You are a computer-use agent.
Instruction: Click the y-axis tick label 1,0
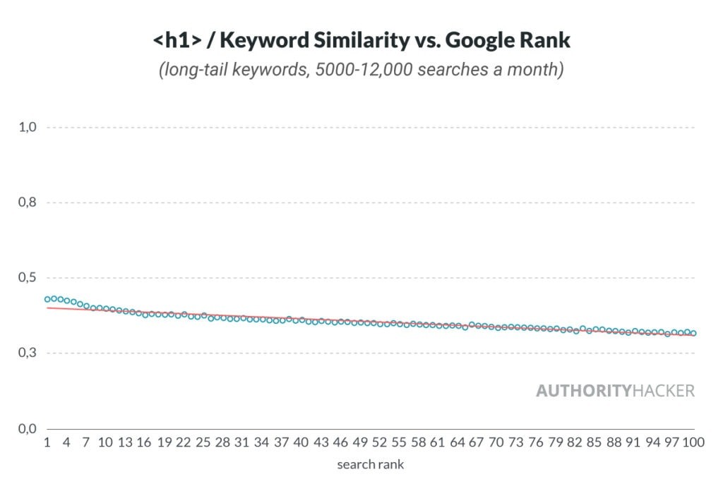coord(27,128)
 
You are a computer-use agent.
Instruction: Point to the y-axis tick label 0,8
coord(27,203)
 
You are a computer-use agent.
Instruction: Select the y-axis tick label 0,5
coord(27,278)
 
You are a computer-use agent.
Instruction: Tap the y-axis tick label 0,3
coord(27,353)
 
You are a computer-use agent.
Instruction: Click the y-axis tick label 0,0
coord(27,429)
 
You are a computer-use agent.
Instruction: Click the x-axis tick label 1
coord(47,443)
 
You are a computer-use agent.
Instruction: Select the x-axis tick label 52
coord(380,443)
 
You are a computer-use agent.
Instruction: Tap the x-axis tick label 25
coord(203,443)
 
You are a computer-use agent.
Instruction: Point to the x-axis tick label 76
coord(537,443)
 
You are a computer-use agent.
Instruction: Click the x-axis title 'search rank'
coord(370,464)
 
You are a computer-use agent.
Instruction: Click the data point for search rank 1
coord(47,299)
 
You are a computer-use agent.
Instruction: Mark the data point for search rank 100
coord(693,333)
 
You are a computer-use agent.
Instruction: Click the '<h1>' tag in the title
coord(178,41)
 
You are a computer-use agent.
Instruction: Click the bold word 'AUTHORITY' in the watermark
coord(582,391)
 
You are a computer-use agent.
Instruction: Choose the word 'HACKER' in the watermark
coord(662,391)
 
